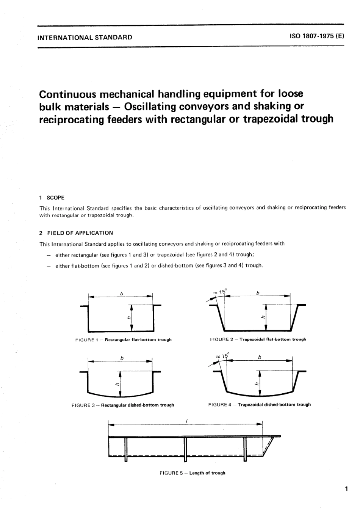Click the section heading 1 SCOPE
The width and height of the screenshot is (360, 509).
[52, 198]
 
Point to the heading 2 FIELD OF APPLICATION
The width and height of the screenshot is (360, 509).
[76, 233]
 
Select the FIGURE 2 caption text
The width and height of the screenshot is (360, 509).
[258, 339]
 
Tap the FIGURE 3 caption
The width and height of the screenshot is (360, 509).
[123, 405]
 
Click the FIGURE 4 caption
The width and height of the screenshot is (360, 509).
[259, 405]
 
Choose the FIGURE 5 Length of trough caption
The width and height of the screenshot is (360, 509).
[193, 473]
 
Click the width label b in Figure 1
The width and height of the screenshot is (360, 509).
[122, 293]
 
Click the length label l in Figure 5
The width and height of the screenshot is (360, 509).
[186, 420]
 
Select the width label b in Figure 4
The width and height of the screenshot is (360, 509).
[260, 357]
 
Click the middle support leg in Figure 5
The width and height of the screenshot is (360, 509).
[185, 449]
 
